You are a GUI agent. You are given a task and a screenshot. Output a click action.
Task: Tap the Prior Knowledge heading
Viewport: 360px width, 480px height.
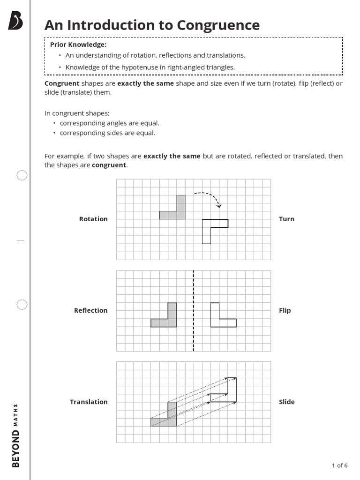tap(78, 45)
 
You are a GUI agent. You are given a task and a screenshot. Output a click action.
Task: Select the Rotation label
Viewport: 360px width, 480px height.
tap(93, 219)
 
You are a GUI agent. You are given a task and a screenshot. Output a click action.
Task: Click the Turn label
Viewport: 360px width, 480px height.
tap(286, 219)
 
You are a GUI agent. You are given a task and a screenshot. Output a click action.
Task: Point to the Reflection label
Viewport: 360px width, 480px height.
tap(90, 310)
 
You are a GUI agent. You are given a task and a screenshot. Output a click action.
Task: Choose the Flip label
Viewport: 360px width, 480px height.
tap(285, 310)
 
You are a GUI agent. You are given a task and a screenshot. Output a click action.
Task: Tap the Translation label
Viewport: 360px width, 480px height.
tap(89, 402)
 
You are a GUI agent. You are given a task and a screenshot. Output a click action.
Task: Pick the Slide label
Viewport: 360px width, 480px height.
tap(286, 402)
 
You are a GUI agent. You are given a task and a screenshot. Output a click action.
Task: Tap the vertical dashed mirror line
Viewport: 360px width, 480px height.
tap(194, 310)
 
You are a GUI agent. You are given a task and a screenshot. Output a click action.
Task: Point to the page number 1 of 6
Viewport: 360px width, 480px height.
tap(339, 465)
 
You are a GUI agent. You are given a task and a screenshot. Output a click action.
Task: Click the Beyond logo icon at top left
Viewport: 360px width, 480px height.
tap(15, 22)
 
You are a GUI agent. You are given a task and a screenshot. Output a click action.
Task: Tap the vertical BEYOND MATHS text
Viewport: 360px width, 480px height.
tap(15, 435)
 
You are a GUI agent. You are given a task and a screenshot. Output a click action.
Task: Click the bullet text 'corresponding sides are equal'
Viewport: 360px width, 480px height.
tap(107, 133)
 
